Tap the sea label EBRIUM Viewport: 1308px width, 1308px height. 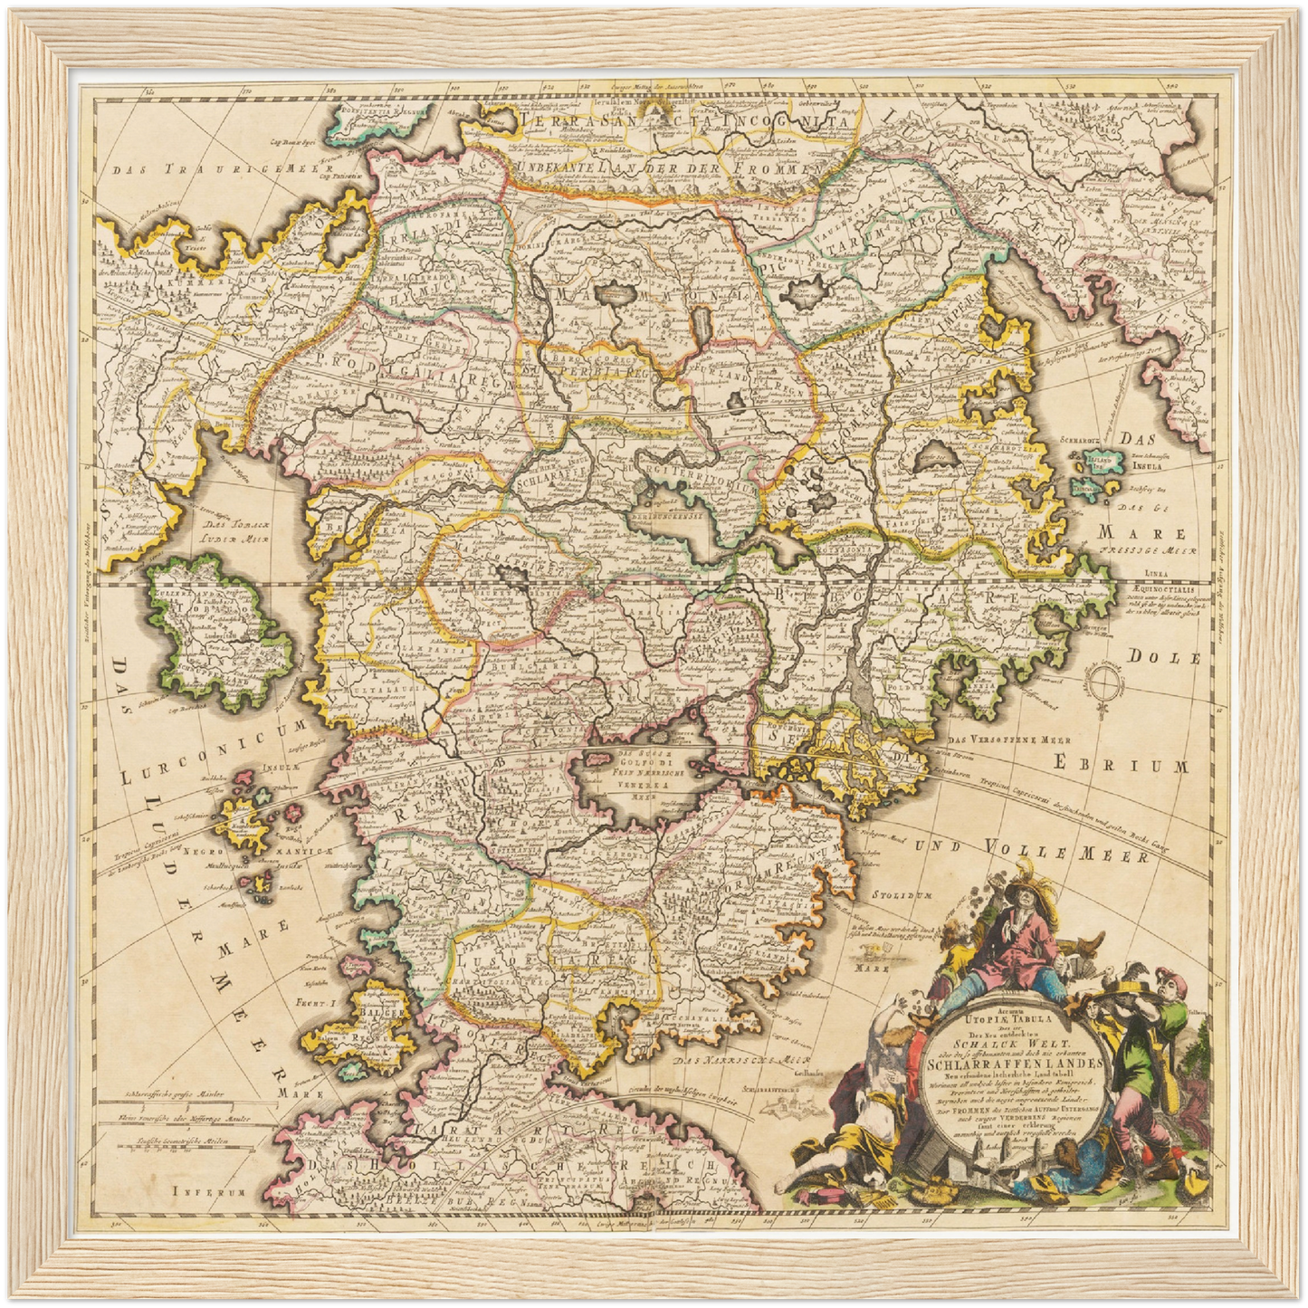coord(1119,766)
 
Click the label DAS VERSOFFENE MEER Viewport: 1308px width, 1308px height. coord(998,739)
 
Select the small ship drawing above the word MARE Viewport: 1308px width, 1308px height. coord(875,950)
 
